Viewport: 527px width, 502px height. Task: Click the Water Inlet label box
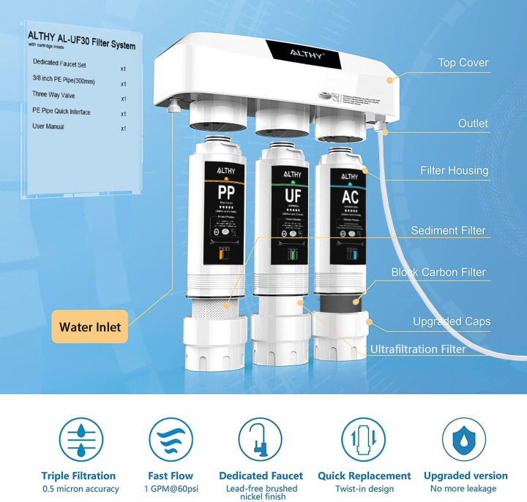pyautogui.click(x=91, y=327)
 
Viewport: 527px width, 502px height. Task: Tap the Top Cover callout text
pyautogui.click(x=463, y=63)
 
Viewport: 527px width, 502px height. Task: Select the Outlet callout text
pyautogui.click(x=473, y=123)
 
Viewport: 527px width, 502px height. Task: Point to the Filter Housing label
pyautogui.click(x=454, y=171)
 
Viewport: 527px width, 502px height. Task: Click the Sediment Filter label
pyautogui.click(x=448, y=231)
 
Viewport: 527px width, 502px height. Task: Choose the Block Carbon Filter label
pyautogui.click(x=438, y=273)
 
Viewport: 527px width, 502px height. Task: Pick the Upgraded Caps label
pyautogui.click(x=451, y=322)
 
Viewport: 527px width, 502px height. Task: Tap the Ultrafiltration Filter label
pyautogui.click(x=418, y=349)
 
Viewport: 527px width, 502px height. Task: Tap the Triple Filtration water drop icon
pyautogui.click(x=78, y=440)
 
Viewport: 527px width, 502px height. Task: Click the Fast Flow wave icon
pyautogui.click(x=171, y=440)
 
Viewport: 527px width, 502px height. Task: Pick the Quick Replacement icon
pyautogui.click(x=364, y=440)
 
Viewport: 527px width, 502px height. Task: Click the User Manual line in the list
pyautogui.click(x=48, y=127)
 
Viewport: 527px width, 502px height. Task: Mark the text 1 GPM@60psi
pyautogui.click(x=171, y=488)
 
